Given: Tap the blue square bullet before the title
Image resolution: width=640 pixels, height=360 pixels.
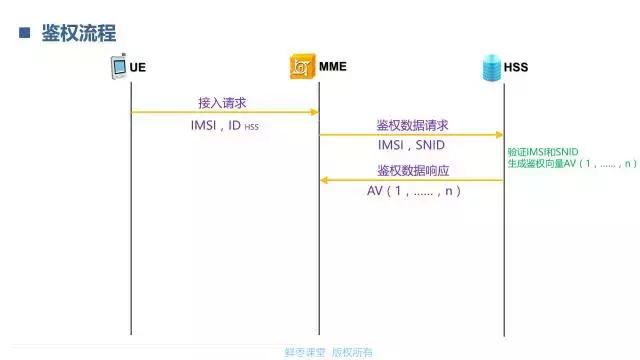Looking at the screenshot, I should click(24, 33).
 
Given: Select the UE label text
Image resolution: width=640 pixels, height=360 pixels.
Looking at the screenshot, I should click(138, 68).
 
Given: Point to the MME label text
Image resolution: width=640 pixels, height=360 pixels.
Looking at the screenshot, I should click(332, 68).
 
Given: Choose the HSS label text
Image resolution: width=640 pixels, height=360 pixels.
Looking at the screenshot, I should click(516, 68).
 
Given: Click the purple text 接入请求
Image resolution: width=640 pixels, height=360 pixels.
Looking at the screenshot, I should click(222, 103).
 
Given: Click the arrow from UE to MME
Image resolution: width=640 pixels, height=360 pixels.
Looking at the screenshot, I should click(225, 112).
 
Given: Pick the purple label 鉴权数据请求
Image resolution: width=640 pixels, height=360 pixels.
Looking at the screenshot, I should click(412, 125).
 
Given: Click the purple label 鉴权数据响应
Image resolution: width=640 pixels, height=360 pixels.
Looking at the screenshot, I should click(412, 170).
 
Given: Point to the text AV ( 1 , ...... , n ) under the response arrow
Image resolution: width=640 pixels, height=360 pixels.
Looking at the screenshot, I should click(413, 191).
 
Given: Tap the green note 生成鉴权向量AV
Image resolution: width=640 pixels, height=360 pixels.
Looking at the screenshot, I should click(572, 163).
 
